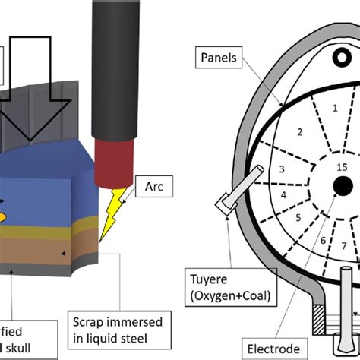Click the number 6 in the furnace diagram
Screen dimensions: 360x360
click(x=323, y=241)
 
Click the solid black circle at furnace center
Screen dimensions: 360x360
click(x=343, y=183)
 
